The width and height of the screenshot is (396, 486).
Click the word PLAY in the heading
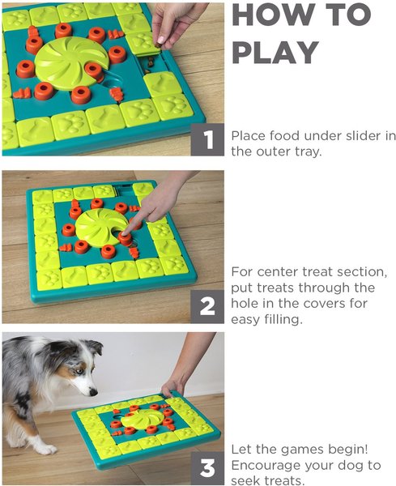pos(275,52)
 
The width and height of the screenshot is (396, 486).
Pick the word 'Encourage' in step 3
pos(264,466)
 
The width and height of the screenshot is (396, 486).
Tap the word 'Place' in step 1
pos(248,135)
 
